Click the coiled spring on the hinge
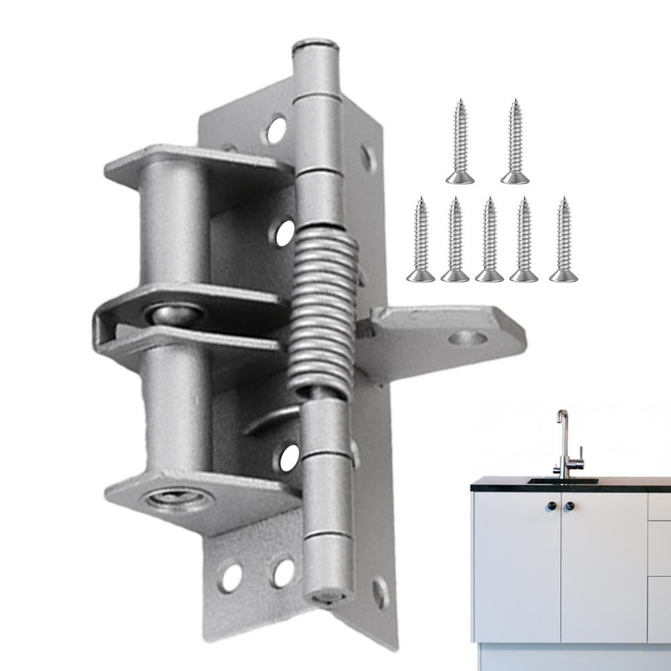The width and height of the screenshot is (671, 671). pos(325,309)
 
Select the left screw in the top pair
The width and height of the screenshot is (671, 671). pos(460,142)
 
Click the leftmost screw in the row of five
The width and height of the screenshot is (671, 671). pos(420,240)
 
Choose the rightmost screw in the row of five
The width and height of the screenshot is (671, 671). pos(562,240)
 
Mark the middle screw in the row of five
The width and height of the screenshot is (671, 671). pos(489,240)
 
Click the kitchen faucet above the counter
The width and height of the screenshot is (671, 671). pos(564,443)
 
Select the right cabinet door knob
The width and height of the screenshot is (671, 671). pos(569,506)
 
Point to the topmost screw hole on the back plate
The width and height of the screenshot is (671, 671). pos(276,130)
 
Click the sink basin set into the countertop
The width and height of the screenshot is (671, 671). pos(562,480)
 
